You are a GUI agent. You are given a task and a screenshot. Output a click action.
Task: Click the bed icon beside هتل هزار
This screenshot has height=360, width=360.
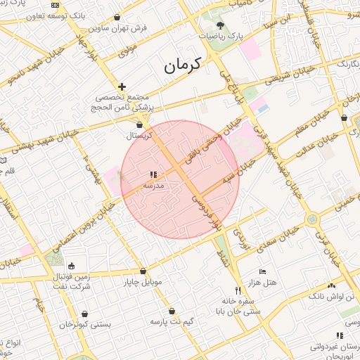[262, 271]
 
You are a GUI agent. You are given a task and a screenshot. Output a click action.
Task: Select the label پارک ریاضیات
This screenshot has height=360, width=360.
[220, 34]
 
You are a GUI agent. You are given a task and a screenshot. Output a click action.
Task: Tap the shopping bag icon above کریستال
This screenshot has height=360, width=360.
[139, 124]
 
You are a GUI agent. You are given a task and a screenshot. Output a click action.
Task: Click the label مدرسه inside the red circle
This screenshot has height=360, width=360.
[153, 186]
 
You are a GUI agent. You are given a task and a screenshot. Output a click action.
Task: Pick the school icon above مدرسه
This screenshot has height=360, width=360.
[153, 175]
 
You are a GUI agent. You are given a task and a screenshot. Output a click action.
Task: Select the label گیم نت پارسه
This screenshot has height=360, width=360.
[172, 321]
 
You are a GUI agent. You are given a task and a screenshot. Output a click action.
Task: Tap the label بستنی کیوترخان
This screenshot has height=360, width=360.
[84, 325]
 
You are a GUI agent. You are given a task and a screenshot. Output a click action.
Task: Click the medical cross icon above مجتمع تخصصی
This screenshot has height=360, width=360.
[122, 86]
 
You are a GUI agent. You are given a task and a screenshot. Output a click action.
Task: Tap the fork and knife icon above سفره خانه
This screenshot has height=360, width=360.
[238, 290]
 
